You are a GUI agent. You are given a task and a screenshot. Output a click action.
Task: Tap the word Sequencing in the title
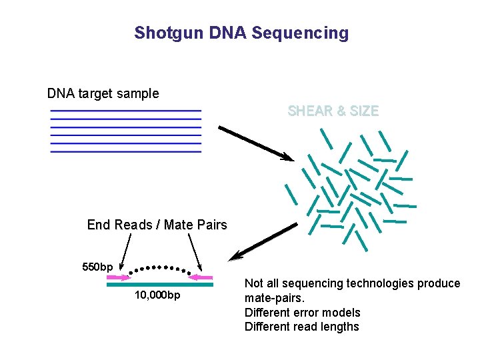[x=307, y=33]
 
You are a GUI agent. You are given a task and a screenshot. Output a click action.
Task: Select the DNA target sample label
[x=103, y=93]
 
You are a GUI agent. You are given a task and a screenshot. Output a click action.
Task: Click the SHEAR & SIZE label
[x=333, y=111]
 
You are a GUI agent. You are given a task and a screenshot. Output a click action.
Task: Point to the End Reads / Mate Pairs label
[x=157, y=225]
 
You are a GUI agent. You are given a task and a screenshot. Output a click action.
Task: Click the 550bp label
[x=97, y=267]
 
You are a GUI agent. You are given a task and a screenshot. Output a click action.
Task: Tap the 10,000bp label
[x=157, y=295]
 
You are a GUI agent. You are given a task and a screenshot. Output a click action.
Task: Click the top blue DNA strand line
[x=125, y=111]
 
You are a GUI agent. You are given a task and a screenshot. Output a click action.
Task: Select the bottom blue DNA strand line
[x=125, y=152]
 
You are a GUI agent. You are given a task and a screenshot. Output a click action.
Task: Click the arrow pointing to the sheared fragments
[x=256, y=143]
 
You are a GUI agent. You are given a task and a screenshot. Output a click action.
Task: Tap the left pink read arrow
[x=117, y=277]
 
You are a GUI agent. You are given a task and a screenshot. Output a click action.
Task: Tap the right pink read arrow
[x=201, y=277]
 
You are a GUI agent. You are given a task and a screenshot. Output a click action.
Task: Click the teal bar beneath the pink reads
[x=160, y=285]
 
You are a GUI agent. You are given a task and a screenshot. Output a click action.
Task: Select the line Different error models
[x=303, y=313]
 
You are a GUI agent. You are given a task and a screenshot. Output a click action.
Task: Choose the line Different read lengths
[x=302, y=327]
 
